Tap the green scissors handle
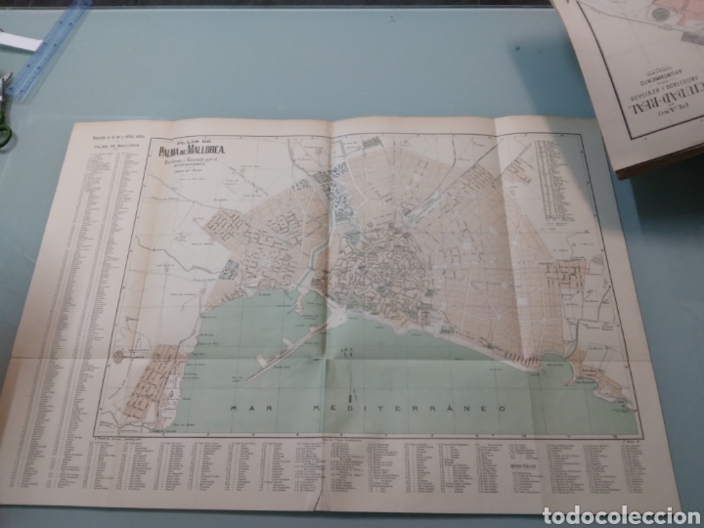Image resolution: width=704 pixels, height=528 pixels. point(5,133)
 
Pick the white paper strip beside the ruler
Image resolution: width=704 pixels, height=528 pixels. point(18,41)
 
